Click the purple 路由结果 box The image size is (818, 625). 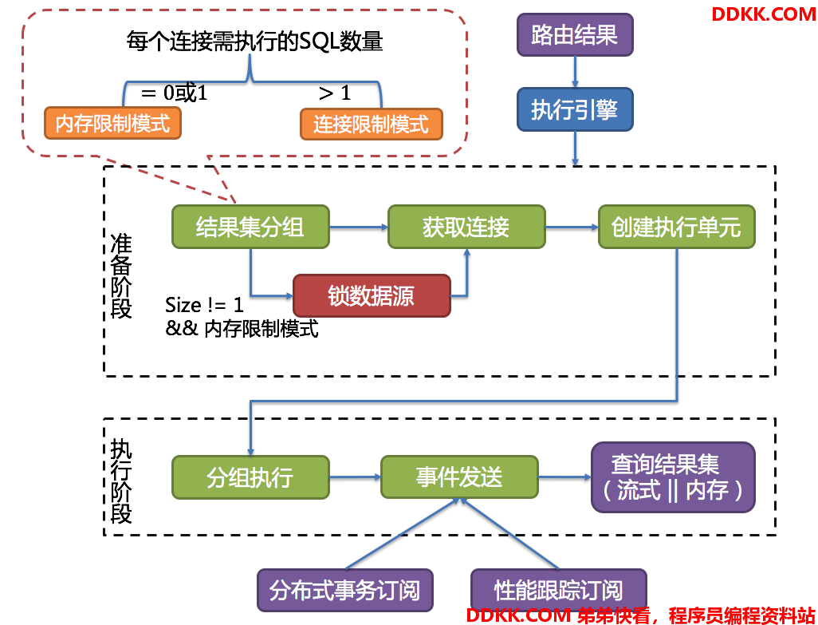tap(575, 35)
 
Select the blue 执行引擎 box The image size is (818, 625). tap(575, 109)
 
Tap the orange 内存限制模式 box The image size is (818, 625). tap(112, 123)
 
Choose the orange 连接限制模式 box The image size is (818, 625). tap(372, 125)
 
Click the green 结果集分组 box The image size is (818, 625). tap(250, 227)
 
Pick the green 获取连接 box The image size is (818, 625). tap(466, 227)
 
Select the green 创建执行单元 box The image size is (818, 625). tap(677, 227)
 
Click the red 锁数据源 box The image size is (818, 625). tap(372, 295)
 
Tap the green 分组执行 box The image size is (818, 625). tap(250, 477)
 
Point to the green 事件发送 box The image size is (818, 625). tap(459, 477)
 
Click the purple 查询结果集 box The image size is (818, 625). tap(673, 477)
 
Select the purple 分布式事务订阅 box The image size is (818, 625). tap(345, 590)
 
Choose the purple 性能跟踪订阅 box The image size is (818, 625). tap(559, 590)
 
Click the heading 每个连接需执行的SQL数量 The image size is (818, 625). tap(254, 42)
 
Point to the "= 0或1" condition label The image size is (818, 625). tap(175, 93)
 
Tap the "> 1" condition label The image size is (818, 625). tap(334, 93)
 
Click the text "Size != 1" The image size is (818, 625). tap(204, 305)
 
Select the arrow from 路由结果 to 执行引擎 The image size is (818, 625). tap(575, 72)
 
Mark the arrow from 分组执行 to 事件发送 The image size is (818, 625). tap(356, 477)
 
